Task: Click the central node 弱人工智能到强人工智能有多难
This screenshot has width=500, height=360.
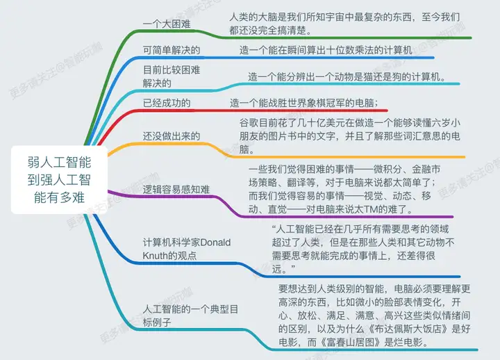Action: (x=59, y=180)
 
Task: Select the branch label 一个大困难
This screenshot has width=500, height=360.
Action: (x=167, y=24)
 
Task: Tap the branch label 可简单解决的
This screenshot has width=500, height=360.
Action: (x=172, y=50)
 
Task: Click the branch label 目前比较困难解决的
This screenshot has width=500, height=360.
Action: (x=172, y=76)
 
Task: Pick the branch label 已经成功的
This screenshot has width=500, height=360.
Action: (x=167, y=103)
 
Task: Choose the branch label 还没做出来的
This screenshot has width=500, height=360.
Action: (x=172, y=136)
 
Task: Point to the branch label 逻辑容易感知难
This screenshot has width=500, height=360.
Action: (x=176, y=190)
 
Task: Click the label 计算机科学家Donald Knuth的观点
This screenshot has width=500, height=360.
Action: (x=187, y=249)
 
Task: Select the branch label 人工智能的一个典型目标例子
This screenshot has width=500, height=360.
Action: (x=190, y=316)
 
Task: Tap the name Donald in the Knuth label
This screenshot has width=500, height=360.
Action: (x=215, y=243)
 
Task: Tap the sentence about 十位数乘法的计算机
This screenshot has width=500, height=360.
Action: (x=326, y=50)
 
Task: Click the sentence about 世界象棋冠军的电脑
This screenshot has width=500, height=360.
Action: (x=304, y=103)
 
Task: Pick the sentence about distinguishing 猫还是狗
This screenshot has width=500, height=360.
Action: (x=347, y=76)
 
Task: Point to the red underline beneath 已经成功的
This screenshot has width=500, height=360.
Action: (x=242, y=111)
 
